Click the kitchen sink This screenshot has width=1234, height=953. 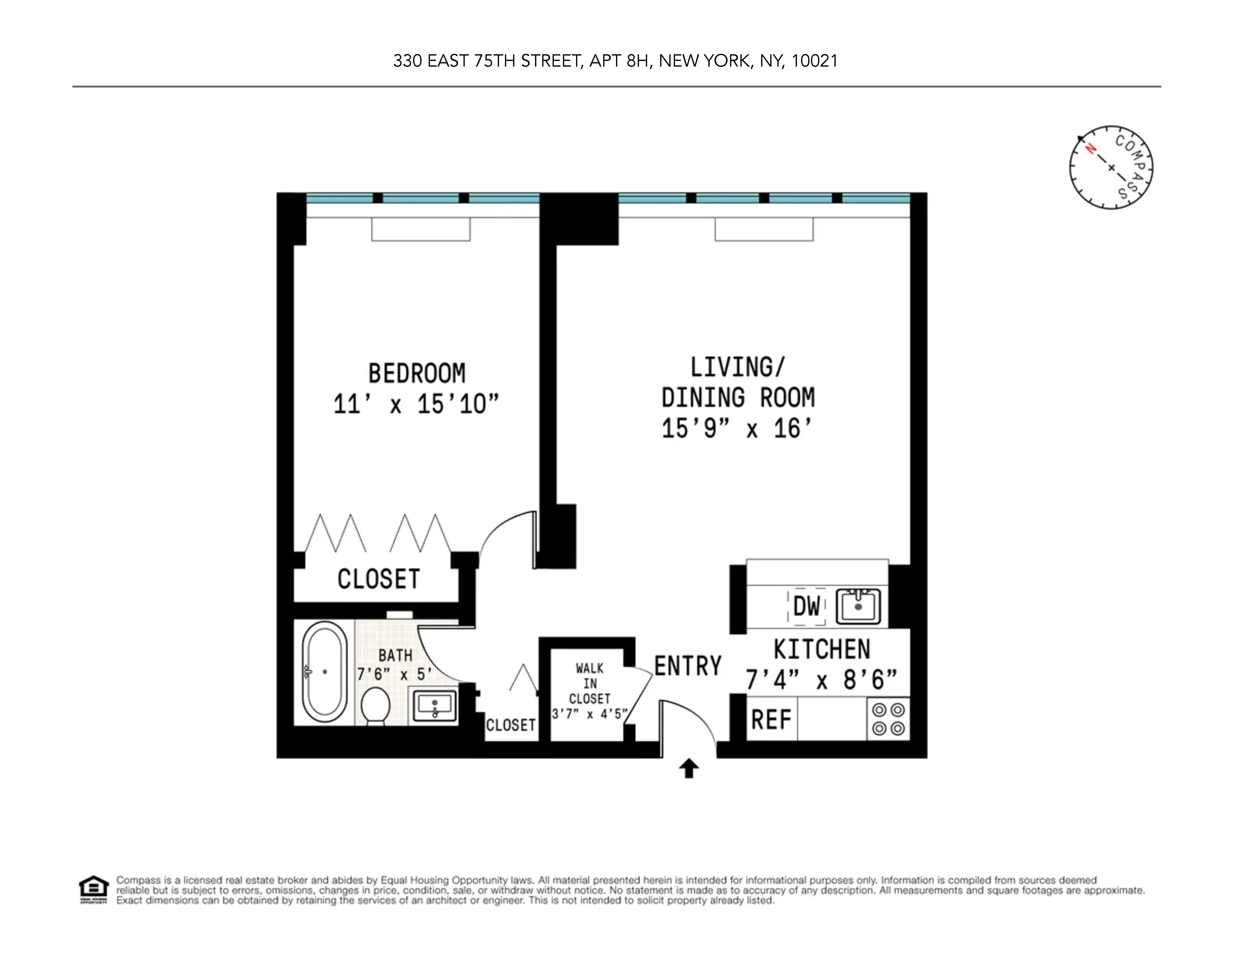(858, 607)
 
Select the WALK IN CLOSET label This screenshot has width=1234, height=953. (589, 684)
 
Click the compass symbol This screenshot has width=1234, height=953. (1111, 167)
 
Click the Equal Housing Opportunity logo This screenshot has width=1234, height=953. (93, 890)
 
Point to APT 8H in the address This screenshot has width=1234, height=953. (620, 61)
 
